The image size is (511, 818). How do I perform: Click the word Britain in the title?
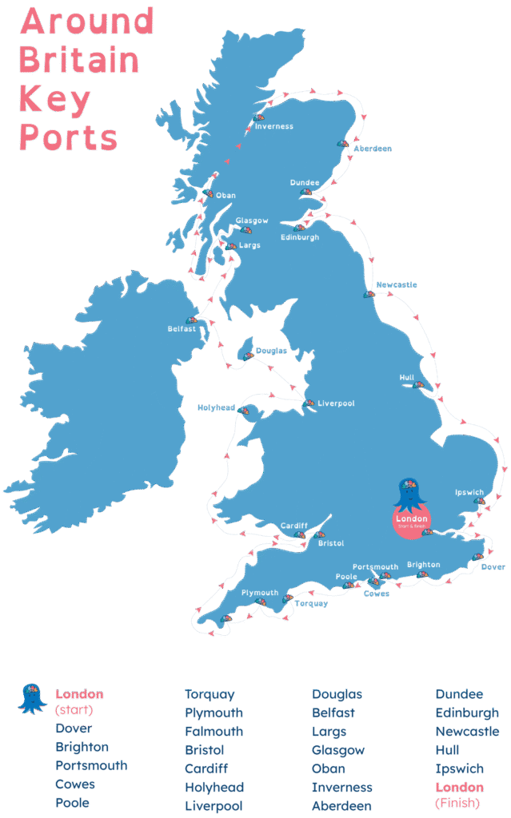click(78, 60)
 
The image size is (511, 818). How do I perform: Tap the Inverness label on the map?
click(273, 126)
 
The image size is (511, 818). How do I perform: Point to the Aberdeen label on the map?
click(373, 149)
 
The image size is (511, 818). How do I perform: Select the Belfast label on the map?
click(182, 328)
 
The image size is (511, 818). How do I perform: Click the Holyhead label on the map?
click(216, 407)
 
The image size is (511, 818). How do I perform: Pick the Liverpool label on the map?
click(336, 403)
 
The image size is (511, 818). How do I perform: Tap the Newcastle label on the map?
click(397, 284)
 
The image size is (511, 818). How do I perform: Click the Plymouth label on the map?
click(260, 593)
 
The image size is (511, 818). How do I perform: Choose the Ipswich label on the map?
click(468, 492)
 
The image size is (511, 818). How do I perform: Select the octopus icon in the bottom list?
click(33, 698)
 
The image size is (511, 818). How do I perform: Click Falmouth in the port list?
click(214, 732)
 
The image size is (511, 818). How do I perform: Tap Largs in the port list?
click(329, 732)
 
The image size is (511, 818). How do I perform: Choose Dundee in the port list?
click(459, 694)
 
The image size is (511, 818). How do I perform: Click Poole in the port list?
click(72, 803)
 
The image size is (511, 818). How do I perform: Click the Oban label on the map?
click(226, 195)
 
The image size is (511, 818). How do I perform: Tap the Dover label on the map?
click(493, 567)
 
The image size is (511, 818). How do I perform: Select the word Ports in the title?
click(68, 137)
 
